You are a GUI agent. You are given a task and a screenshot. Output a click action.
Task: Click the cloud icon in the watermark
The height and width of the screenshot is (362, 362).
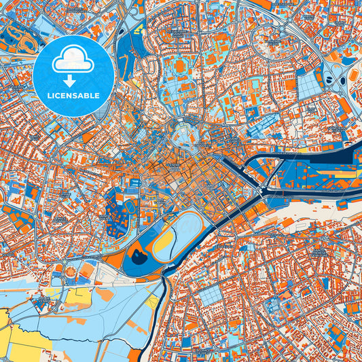click(x=73, y=60)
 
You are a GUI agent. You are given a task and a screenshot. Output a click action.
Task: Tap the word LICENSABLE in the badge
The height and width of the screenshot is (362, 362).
click(x=73, y=95)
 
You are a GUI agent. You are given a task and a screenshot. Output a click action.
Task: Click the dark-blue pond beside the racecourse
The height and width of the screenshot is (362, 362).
click(x=139, y=255)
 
